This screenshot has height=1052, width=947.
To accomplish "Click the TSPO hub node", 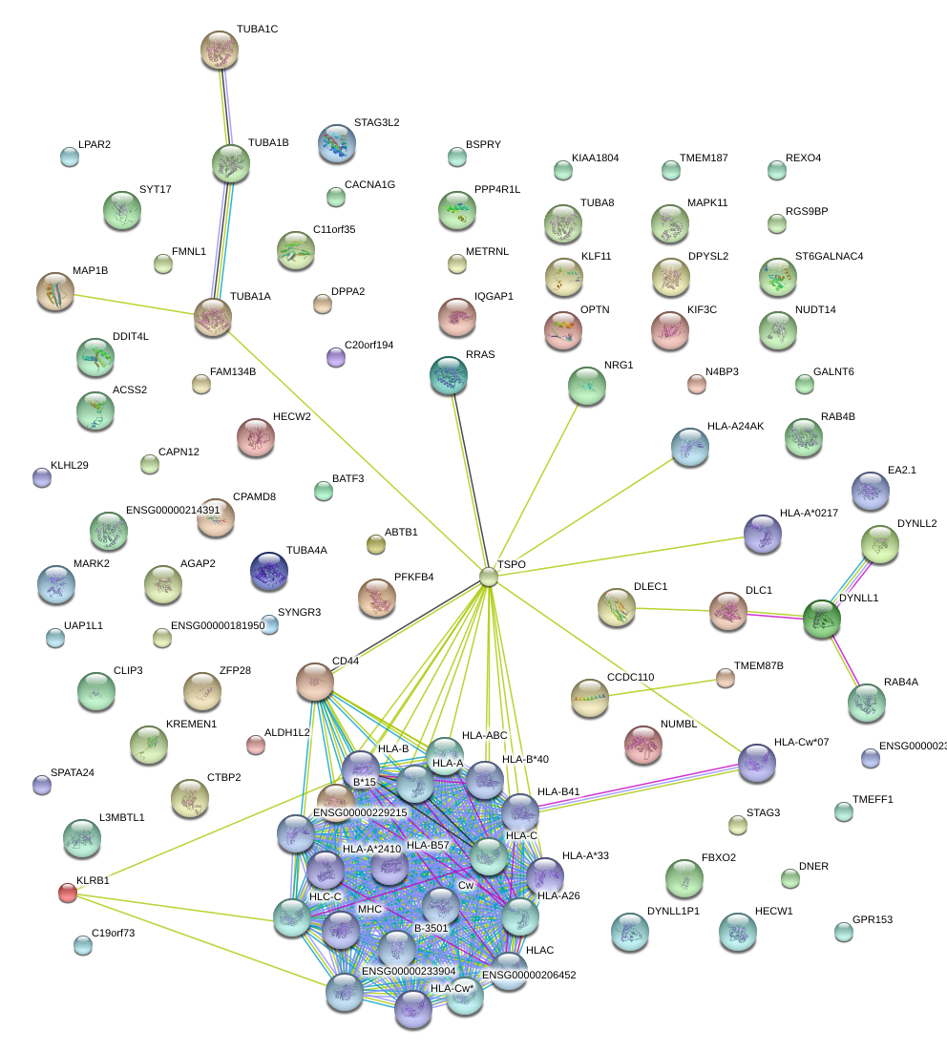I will coord(489,577).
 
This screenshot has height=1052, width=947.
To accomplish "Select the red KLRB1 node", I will coord(68,893).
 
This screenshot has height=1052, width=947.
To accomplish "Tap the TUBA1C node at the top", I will coord(221,50).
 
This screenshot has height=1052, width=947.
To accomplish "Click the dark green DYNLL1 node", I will coord(821,619).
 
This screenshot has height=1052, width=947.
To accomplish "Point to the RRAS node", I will coord(449,375).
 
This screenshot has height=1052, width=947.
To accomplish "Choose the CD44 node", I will coord(315,681).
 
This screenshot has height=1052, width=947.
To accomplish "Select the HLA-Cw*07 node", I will coord(757,763).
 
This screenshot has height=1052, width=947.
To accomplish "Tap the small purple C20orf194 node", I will coord(335,357).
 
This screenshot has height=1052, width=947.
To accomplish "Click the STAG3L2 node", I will coord(337,142).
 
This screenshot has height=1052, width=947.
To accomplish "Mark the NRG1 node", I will coord(586,385).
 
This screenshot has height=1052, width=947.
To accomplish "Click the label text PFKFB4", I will coord(413,577).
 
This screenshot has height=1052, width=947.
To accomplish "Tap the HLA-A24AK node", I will coord(690,447).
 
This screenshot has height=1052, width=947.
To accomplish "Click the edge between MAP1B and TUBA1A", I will coord(134,304).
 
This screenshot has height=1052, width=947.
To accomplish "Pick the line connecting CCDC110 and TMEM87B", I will coord(664,688).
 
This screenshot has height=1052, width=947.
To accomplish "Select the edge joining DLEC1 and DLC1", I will coord(673,607).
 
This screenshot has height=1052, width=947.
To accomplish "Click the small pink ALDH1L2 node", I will coord(255,744).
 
